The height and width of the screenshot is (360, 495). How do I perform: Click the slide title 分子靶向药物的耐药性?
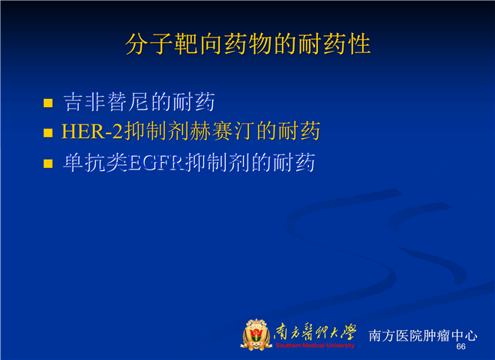click(x=247, y=44)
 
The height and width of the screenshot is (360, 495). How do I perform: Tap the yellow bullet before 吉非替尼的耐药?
click(x=48, y=103)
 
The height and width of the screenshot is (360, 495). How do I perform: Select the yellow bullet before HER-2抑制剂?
click(x=48, y=133)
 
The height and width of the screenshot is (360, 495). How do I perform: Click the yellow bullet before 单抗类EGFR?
click(x=48, y=163)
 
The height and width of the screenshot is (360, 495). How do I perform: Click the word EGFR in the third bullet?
click(x=156, y=163)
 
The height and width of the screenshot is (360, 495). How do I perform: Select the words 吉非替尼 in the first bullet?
click(x=106, y=102)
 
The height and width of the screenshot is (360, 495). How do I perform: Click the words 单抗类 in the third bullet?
click(x=95, y=163)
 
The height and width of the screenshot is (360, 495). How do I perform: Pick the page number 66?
click(x=461, y=346)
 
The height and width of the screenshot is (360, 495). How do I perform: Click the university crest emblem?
click(x=256, y=334)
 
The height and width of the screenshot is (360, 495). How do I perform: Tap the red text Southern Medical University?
click(x=315, y=346)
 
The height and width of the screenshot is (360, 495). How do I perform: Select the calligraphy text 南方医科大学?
click(x=315, y=332)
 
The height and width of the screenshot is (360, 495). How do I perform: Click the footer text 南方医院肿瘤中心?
click(x=423, y=335)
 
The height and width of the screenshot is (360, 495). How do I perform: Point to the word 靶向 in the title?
click(x=199, y=44)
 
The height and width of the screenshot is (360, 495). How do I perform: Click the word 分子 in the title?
click(x=150, y=44)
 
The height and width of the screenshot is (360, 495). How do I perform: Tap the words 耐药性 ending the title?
click(x=334, y=44)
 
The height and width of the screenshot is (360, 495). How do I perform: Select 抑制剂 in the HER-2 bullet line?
click(x=157, y=131)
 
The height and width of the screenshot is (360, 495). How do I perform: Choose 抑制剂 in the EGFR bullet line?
click(x=217, y=163)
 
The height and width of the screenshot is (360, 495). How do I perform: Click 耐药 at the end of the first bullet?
click(x=193, y=102)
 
